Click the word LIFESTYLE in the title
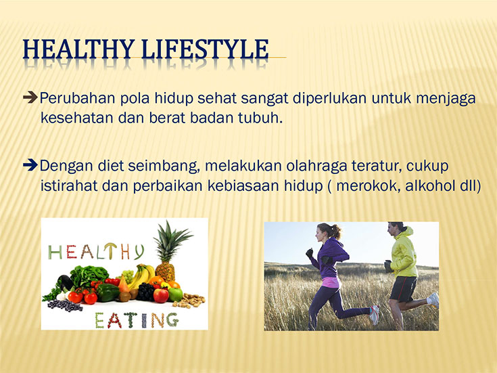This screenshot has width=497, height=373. coord(205,49)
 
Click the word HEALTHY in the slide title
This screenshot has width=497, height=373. coord(78,49)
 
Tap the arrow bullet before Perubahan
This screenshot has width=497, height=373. coord(30,97)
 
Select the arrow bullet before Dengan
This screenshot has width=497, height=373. coord(30,164)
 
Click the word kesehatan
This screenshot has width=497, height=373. coord(77,118)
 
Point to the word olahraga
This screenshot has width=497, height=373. coord(316,167)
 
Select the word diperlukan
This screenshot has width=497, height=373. coord(330,99)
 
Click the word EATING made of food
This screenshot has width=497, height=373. coord(137,320)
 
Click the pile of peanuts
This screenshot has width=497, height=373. coord(189,301)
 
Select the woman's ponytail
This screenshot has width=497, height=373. coord(335,231)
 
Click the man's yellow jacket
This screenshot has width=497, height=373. coord(404,253)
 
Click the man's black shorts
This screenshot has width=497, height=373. coord(402,288)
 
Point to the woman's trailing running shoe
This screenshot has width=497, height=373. coord(375,314)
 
